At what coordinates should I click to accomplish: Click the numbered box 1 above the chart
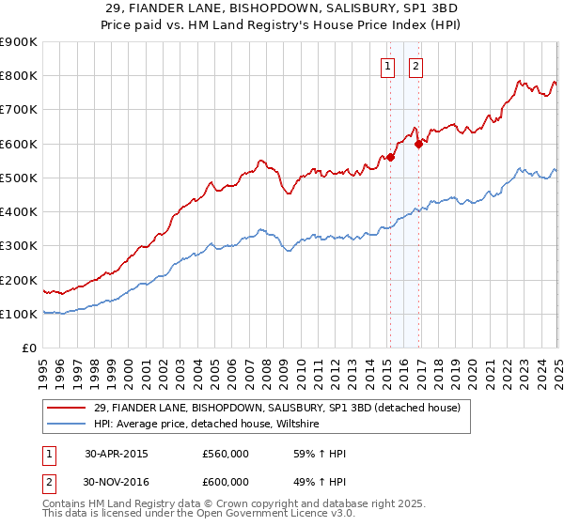click(x=387, y=66)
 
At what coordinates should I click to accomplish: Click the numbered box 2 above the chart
click(x=415, y=66)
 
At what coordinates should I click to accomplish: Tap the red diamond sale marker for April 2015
click(x=390, y=157)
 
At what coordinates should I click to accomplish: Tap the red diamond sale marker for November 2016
click(x=418, y=144)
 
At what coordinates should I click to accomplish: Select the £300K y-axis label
click(x=19, y=246)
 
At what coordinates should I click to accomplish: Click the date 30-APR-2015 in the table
click(x=117, y=454)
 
